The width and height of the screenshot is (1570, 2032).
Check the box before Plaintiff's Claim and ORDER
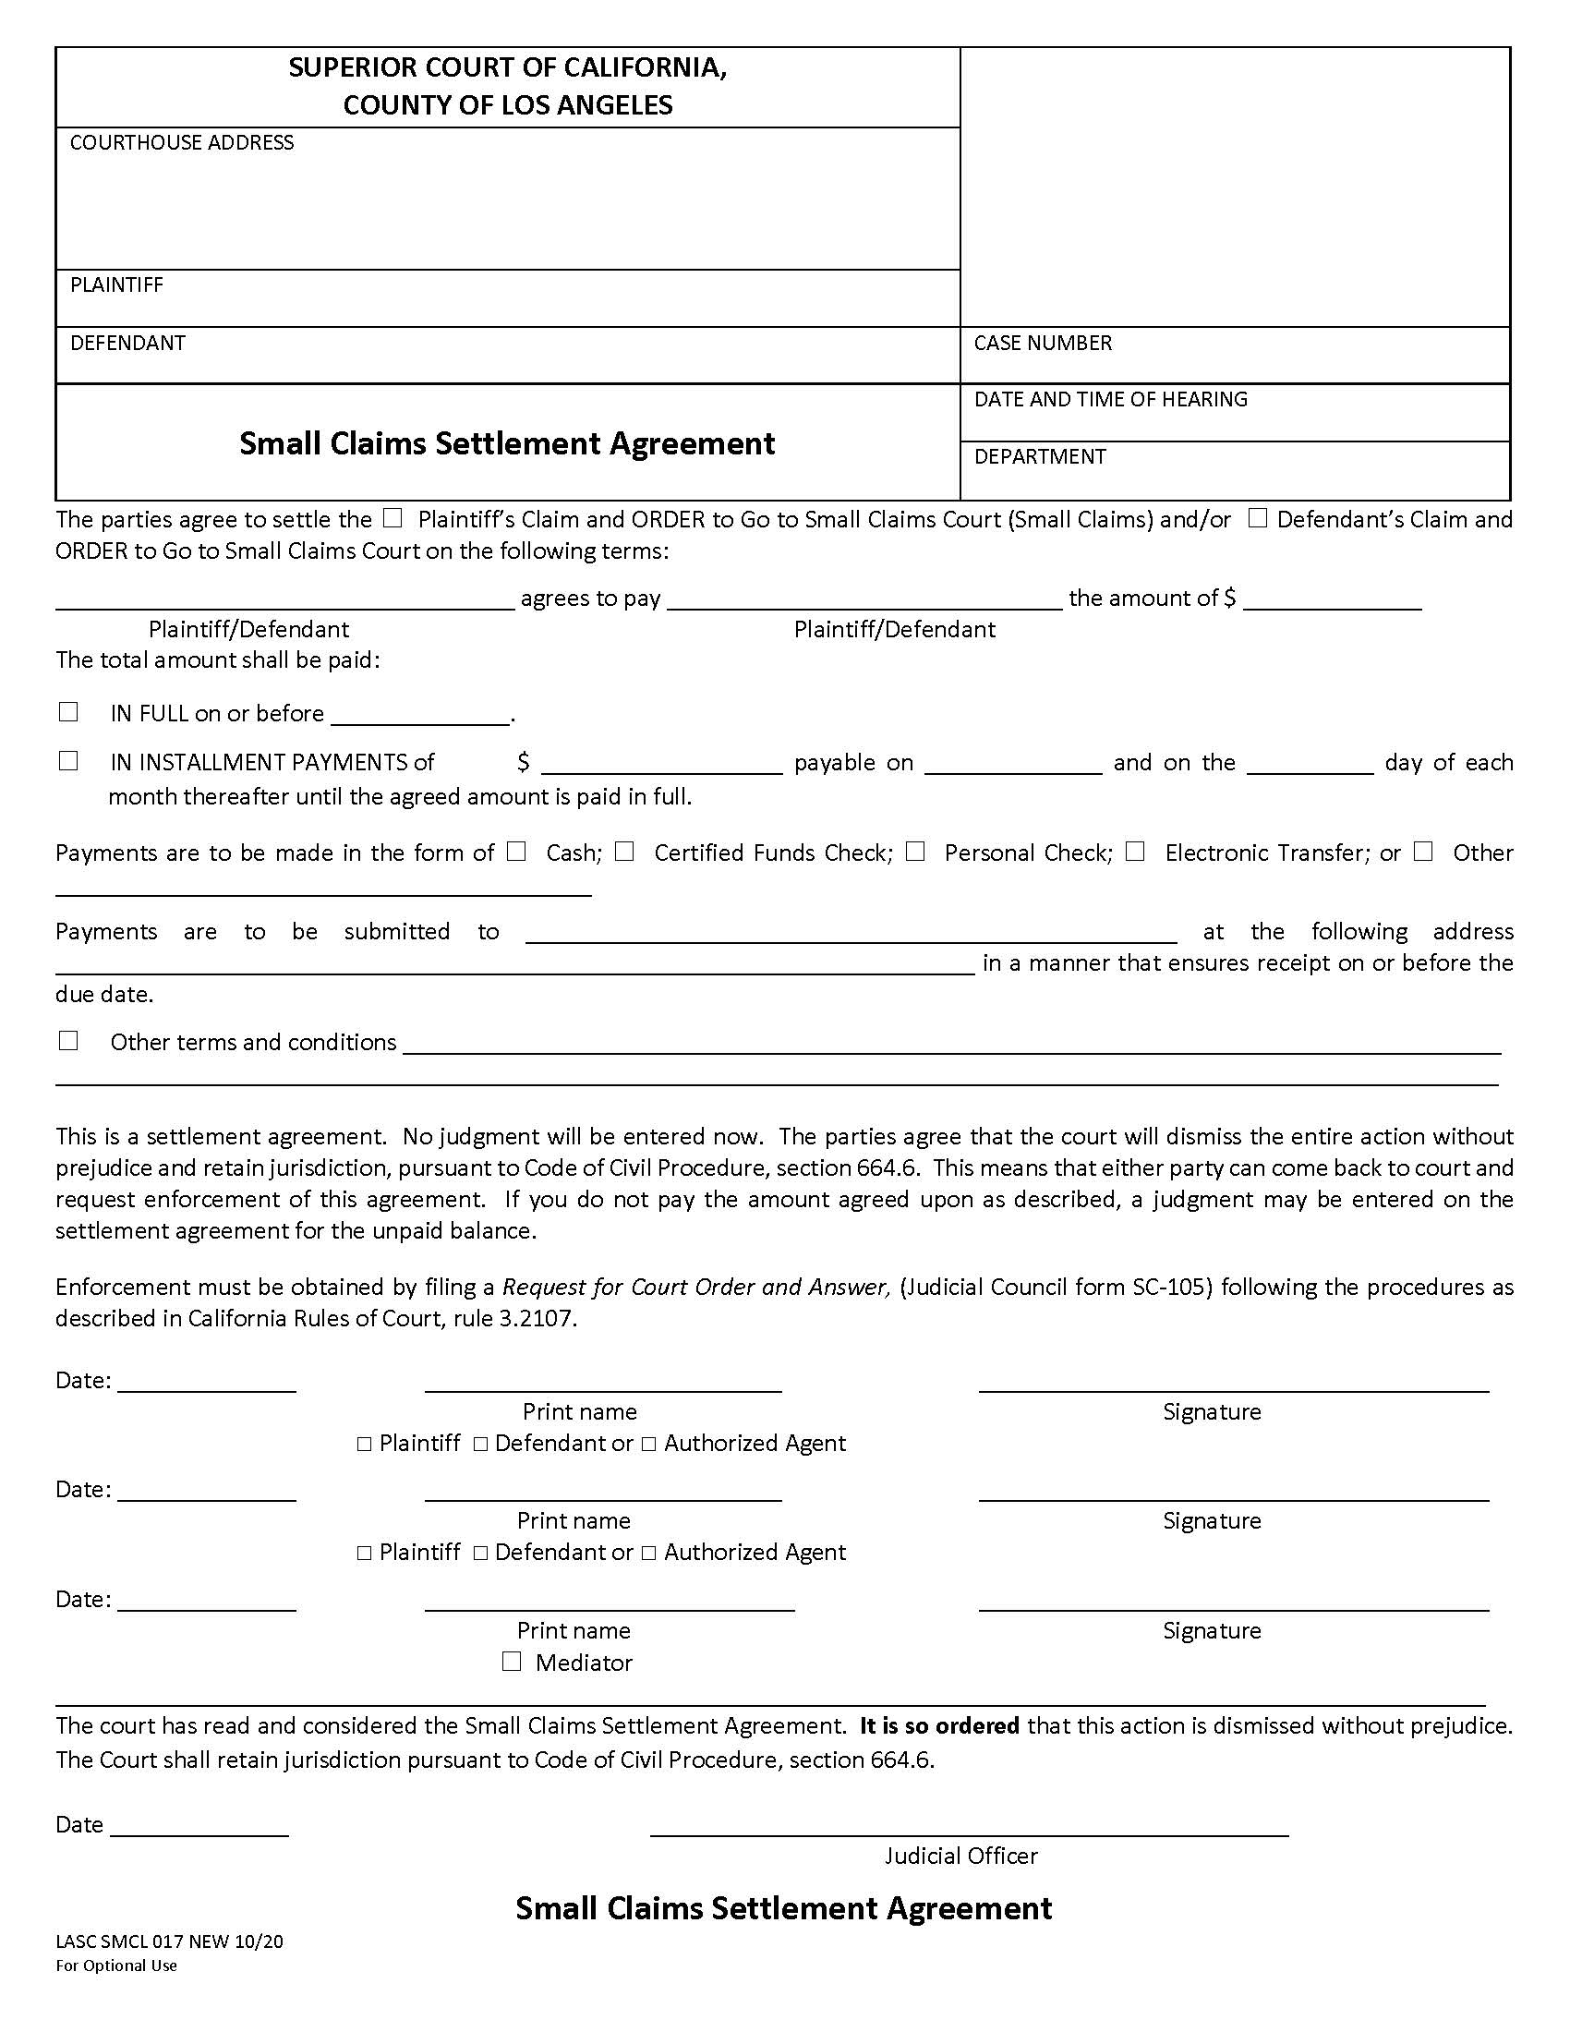[x=392, y=518]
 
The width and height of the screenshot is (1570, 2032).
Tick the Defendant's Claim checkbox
[x=1257, y=518]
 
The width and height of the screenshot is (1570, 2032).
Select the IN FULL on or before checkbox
[x=68, y=712]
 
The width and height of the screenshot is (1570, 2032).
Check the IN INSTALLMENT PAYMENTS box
[x=68, y=761]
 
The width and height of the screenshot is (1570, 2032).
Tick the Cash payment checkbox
[x=516, y=852]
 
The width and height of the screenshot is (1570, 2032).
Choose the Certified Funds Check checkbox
[x=624, y=852]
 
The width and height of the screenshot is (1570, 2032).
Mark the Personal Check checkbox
[x=915, y=852]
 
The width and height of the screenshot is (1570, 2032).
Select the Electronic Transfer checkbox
[x=1135, y=852]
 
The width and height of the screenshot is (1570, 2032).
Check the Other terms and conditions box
[x=68, y=1040]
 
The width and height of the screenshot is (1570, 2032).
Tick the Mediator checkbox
[x=512, y=1662]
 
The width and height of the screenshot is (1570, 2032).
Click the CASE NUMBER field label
[x=1042, y=344]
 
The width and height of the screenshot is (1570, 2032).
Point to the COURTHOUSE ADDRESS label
[x=181, y=142]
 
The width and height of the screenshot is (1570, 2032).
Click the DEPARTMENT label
[x=1039, y=457]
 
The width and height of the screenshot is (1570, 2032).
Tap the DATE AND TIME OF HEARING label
[x=1109, y=400]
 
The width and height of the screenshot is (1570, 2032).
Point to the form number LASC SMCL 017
[x=168, y=1941]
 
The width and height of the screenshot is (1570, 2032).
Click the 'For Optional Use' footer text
[x=116, y=1965]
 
